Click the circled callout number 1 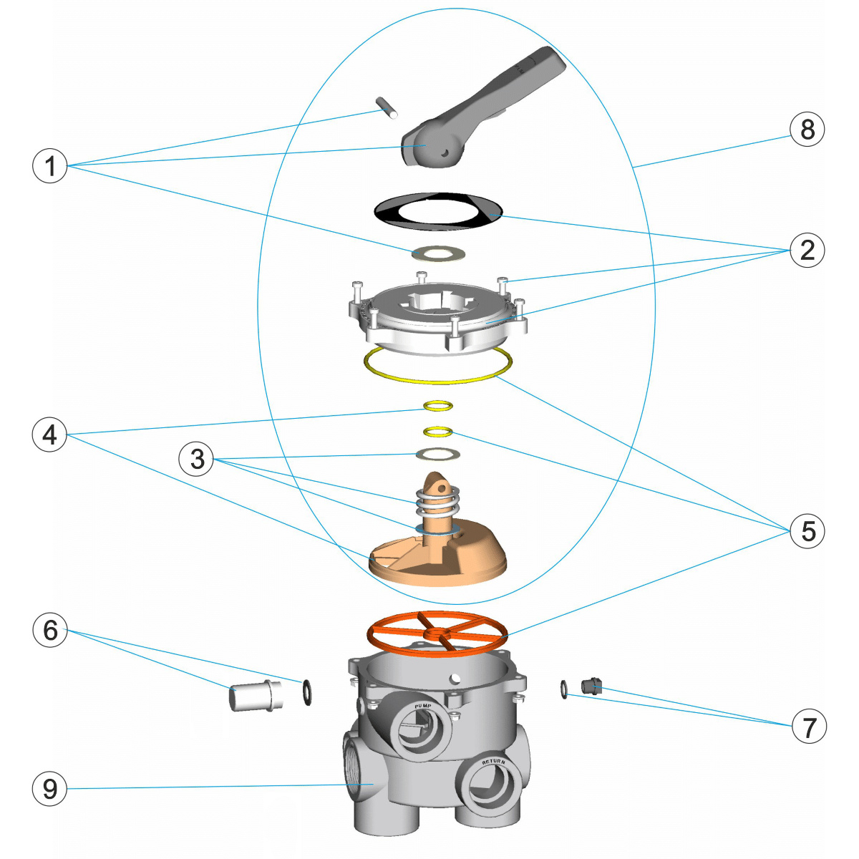click(x=49, y=165)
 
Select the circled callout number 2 click(x=807, y=250)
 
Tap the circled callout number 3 click(x=197, y=459)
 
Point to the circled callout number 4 click(x=49, y=435)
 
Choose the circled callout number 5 click(x=808, y=531)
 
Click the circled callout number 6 click(x=49, y=630)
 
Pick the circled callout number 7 click(x=809, y=727)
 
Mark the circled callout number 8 click(x=807, y=130)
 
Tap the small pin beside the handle click(x=387, y=107)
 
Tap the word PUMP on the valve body click(x=423, y=707)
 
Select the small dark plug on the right click(x=591, y=686)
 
